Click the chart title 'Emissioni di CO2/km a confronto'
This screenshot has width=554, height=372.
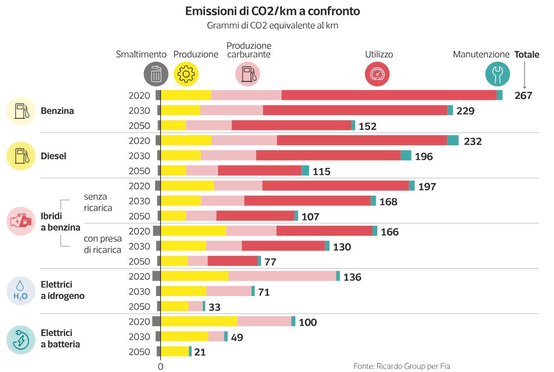tap(273, 11)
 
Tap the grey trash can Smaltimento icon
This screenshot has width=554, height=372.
tap(156, 74)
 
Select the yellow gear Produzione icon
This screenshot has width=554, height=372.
tap(186, 74)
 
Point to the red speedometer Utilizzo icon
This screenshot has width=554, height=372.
tap(377, 74)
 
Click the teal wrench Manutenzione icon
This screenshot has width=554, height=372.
tap(498, 74)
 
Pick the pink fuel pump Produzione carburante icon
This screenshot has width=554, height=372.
tap(248, 74)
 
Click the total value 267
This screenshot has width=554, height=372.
tap(523, 95)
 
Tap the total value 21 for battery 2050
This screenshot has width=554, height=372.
tap(200, 352)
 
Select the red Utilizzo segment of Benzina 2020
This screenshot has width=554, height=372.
tap(389, 95)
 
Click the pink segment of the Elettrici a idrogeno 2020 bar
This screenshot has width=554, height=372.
tap(282, 276)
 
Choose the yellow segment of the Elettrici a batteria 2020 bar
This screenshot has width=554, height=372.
tap(199, 322)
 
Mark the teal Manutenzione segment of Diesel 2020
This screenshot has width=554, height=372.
tap(453, 140)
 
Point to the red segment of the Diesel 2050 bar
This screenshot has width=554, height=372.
tap(259, 171)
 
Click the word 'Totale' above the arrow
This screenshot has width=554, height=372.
tap(527, 55)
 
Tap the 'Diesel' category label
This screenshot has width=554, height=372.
tap(54, 156)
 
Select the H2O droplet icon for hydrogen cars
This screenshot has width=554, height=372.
tap(21, 291)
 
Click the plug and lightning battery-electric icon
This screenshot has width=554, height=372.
tap(21, 340)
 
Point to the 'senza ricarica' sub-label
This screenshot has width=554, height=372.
tap(98, 202)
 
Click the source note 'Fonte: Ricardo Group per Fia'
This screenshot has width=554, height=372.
tap(402, 366)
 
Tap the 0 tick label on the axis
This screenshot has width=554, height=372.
tap(161, 366)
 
